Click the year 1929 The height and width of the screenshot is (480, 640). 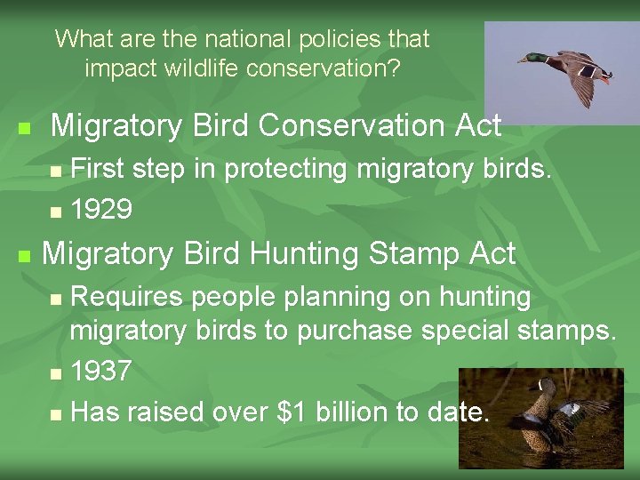[101, 210]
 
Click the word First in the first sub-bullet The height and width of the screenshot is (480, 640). [97, 169]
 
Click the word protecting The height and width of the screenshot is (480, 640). [286, 169]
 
